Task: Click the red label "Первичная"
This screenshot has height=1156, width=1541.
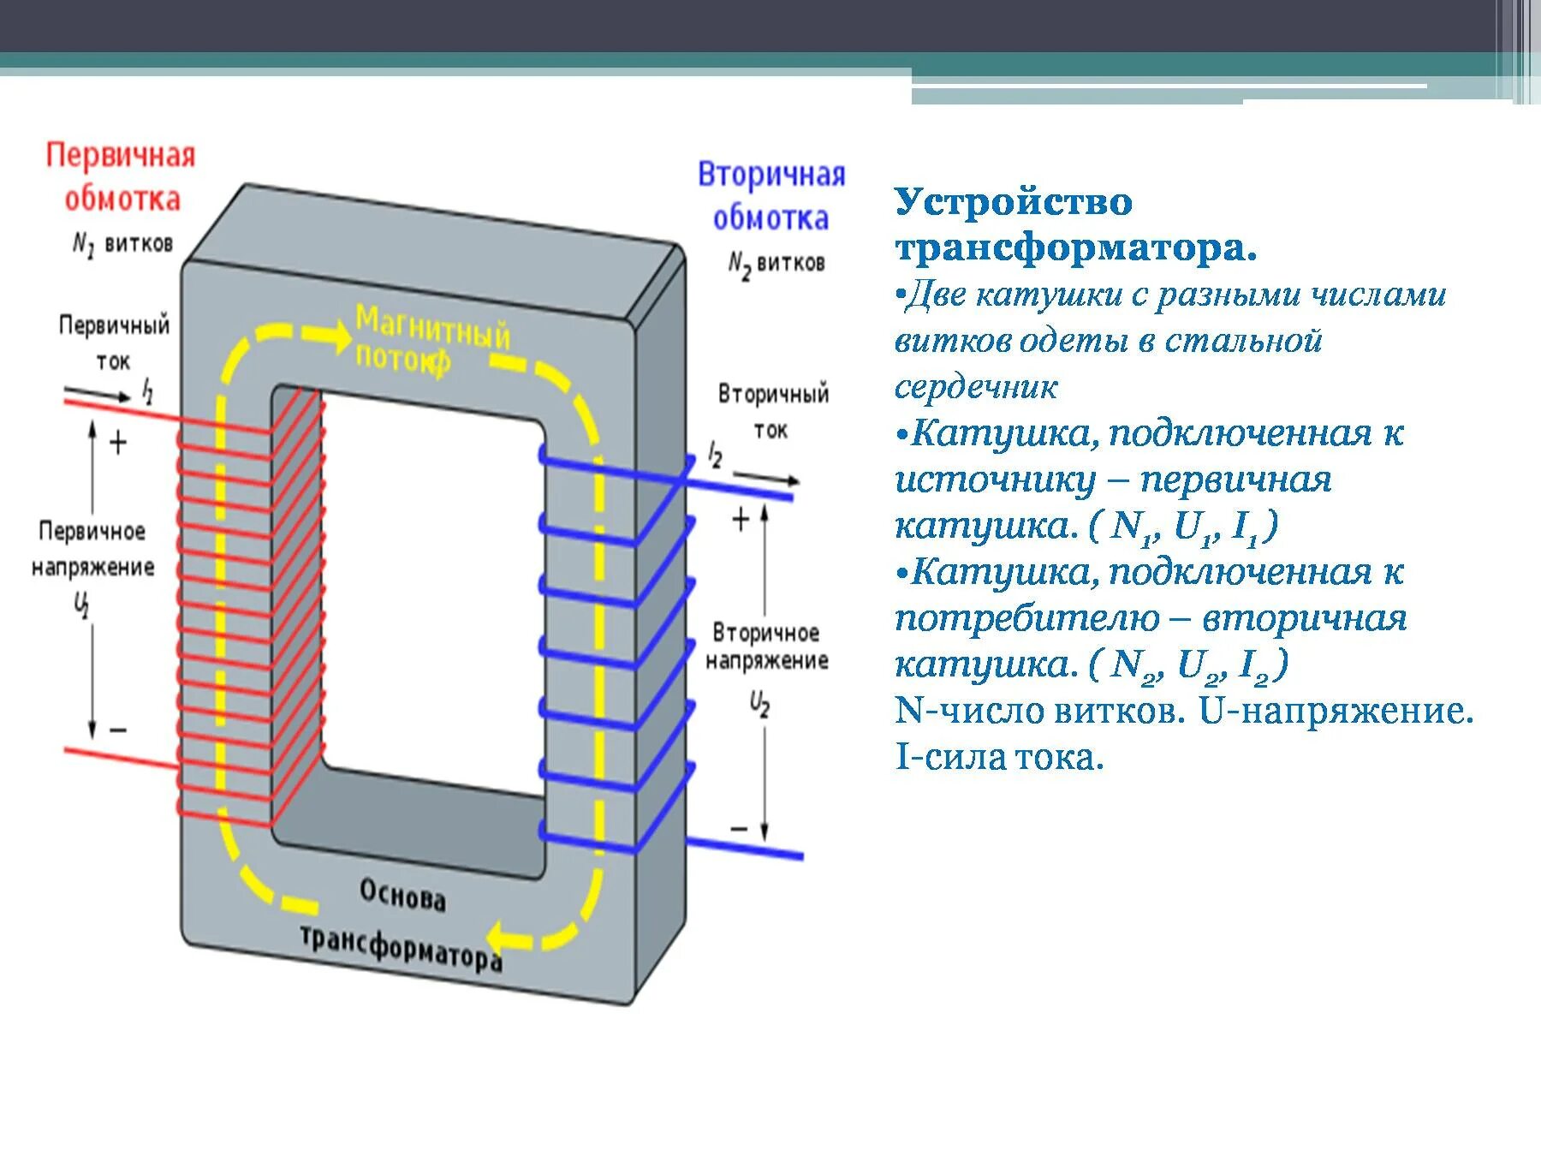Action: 121,156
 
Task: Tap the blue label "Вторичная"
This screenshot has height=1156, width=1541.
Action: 771,175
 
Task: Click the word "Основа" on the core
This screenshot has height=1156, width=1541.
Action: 402,896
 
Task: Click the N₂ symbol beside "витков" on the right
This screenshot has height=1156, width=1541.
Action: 739,265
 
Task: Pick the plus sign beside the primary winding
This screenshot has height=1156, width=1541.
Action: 118,443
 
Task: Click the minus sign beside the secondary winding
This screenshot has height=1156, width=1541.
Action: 739,829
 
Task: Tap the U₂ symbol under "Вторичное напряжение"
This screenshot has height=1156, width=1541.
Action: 759,706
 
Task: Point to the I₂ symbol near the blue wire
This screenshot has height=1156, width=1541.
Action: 716,455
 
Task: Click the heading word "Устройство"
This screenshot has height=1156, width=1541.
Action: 1014,203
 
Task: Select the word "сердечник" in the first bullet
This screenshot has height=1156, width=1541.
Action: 976,387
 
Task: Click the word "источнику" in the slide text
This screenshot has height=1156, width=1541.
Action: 995,480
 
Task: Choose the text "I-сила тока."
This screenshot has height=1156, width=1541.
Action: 999,757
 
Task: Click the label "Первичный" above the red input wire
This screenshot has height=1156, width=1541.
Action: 114,325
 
